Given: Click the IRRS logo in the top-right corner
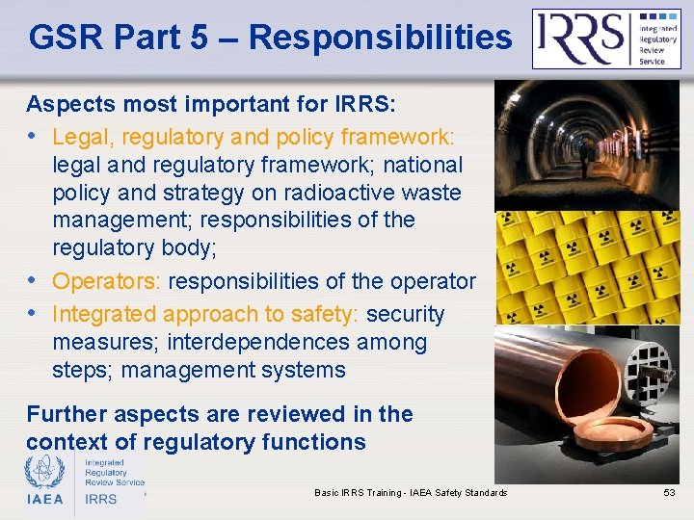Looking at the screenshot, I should pyautogui.click(x=606, y=39).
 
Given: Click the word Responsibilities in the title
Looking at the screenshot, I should pyautogui.click(x=380, y=38).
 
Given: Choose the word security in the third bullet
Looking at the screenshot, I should pyautogui.click(x=406, y=314).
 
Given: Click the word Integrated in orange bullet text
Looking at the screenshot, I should pyautogui.click(x=104, y=314).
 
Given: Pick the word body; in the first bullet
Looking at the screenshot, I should pyautogui.click(x=190, y=247).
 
